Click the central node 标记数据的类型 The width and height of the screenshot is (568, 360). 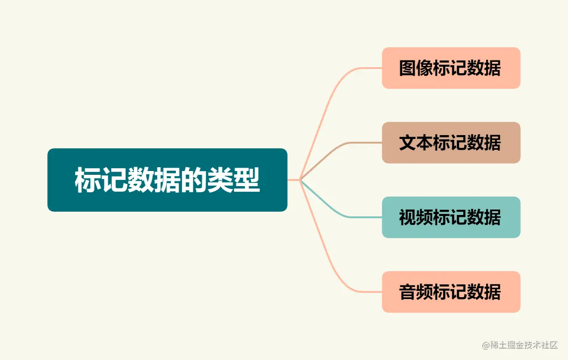pos(167,180)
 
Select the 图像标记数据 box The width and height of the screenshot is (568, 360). pos(451,68)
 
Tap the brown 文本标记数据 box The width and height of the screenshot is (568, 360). pos(451,143)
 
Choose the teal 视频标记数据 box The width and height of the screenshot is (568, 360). pos(451,217)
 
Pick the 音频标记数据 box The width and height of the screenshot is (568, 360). pos(451,292)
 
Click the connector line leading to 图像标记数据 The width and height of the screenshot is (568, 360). pos(331,94)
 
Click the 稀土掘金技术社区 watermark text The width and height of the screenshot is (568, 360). pos(525,345)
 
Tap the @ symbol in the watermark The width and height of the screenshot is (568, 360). pos(486,345)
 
